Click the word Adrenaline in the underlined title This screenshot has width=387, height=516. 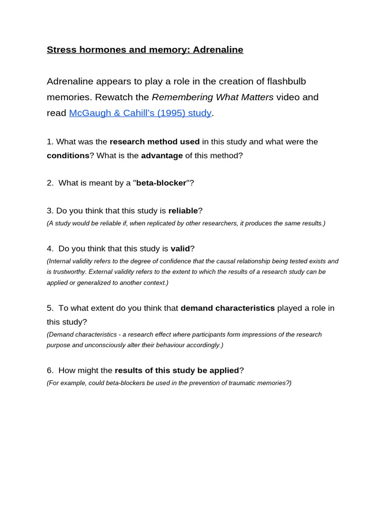pyautogui.click(x=218, y=49)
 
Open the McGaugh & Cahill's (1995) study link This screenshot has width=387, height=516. pyautogui.click(x=140, y=113)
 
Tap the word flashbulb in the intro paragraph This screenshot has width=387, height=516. pyautogui.click(x=286, y=81)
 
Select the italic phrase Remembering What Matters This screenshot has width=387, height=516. pyautogui.click(x=213, y=97)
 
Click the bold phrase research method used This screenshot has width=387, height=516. pyautogui.click(x=155, y=142)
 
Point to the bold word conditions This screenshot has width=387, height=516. pyautogui.click(x=68, y=155)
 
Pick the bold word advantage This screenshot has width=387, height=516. pyautogui.click(x=162, y=155)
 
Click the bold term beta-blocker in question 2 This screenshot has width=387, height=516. pyautogui.click(x=161, y=183)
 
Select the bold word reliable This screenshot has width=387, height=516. pyautogui.click(x=183, y=211)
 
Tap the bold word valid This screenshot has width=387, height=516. pyautogui.click(x=180, y=248)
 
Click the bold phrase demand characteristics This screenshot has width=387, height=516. pyautogui.click(x=227, y=308)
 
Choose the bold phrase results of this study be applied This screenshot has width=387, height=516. pyautogui.click(x=177, y=370)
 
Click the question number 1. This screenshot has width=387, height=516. pyautogui.click(x=49, y=142)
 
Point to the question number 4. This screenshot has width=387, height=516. pyautogui.click(x=49, y=248)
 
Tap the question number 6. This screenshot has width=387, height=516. pyautogui.click(x=49, y=370)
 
